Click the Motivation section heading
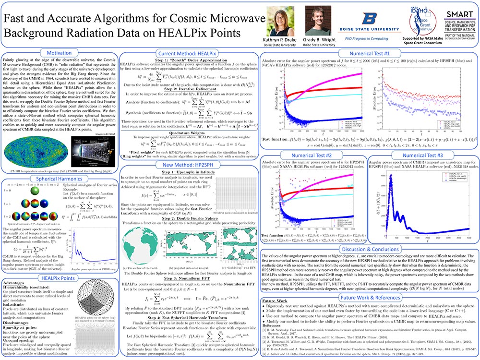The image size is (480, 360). [59, 52]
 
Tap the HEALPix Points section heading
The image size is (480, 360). [59, 277]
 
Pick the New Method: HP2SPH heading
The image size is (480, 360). [189, 165]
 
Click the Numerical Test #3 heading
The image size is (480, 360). [422, 156]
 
